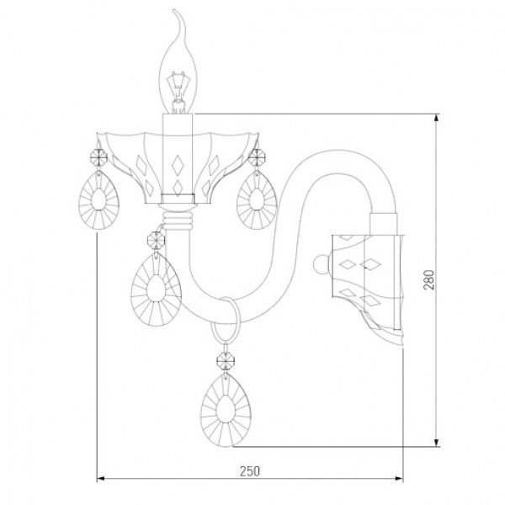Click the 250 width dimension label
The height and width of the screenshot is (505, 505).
tap(250, 471)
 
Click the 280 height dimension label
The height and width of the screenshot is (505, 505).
tap(429, 279)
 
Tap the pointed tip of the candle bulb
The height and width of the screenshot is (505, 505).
tap(174, 10)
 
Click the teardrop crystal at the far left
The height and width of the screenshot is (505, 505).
tap(98, 200)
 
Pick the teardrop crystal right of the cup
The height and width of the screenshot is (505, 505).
tap(257, 199)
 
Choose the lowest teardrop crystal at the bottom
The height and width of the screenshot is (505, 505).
tap(226, 409)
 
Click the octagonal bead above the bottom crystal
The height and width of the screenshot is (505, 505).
tap(226, 361)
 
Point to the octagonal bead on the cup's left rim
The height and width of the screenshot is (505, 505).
tap(98, 157)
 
